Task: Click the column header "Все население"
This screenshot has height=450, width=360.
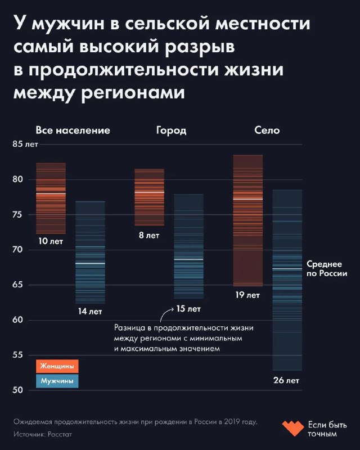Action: pyautogui.click(x=73, y=130)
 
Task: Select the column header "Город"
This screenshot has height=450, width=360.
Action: pyautogui.click(x=171, y=130)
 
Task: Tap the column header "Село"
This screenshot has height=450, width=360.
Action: pyautogui.click(x=267, y=130)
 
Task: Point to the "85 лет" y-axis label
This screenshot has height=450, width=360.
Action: pyautogui.click(x=25, y=145)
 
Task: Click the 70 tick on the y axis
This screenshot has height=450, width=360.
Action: pyautogui.click(x=18, y=250)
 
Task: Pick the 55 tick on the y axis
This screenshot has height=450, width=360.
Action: pyautogui.click(x=18, y=355)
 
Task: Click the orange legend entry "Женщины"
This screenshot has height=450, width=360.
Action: pyautogui.click(x=57, y=366)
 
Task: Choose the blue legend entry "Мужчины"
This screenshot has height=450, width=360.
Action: pyautogui.click(x=57, y=381)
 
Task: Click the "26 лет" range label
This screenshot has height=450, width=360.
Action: pyautogui.click(x=286, y=381)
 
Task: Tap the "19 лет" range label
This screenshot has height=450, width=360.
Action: pyautogui.click(x=247, y=295)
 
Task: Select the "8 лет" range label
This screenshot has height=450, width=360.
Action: pyautogui.click(x=149, y=235)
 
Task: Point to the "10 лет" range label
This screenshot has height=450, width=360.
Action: pyautogui.click(x=51, y=241)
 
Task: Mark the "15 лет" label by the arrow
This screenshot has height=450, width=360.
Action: pyautogui.click(x=188, y=309)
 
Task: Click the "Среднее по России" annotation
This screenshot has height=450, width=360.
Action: pyautogui.click(x=327, y=268)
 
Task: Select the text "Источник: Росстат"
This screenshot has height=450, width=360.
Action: pyautogui.click(x=43, y=434)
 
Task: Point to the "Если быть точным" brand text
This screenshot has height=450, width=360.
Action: pyautogui.click(x=327, y=429)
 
